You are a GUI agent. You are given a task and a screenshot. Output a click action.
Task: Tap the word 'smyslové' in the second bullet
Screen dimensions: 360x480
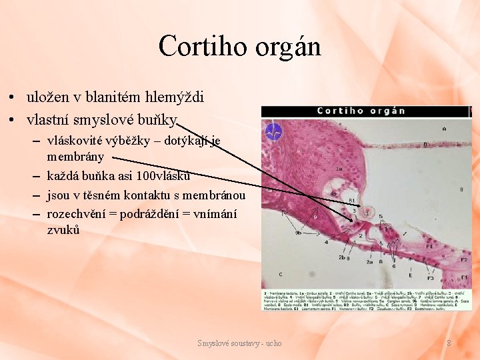119,120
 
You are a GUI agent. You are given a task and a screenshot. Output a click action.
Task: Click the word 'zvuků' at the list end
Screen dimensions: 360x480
63,230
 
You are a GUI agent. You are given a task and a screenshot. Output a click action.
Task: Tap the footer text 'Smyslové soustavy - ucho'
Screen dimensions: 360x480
239,343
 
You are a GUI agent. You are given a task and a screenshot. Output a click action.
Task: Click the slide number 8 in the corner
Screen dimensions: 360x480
449,343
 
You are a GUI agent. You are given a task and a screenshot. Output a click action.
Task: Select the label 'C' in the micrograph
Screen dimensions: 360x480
281,274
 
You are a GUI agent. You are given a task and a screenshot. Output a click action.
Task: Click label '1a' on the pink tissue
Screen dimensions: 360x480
339,169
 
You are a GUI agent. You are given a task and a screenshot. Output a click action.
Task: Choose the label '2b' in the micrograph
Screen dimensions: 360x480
341,257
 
